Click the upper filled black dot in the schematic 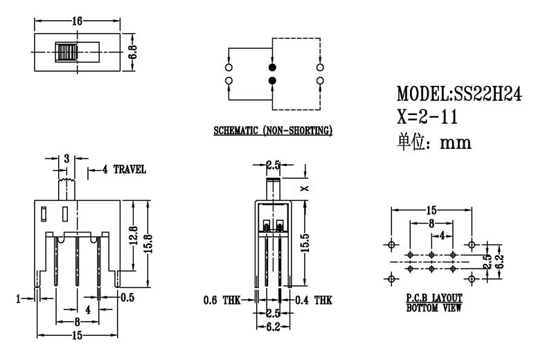pyautogui.click(x=272, y=67)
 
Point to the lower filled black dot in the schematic pyautogui.click(x=272, y=82)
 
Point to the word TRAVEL pyautogui.click(x=130, y=169)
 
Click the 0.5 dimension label pyautogui.click(x=127, y=298)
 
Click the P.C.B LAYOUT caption pyautogui.click(x=434, y=298)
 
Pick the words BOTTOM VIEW pyautogui.click(x=434, y=307)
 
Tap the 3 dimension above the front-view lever pyautogui.click(x=66, y=159)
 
